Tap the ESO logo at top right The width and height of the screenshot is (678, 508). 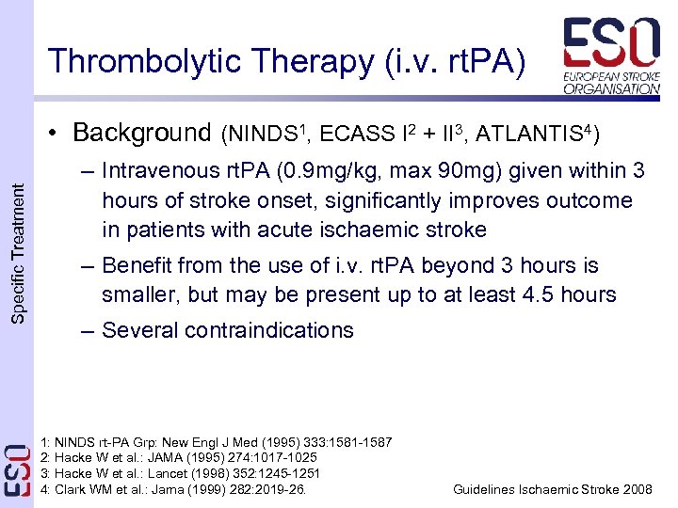pyautogui.click(x=611, y=56)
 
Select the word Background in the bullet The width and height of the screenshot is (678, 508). pyautogui.click(x=141, y=132)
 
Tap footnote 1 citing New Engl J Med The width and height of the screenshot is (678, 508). pyautogui.click(x=218, y=442)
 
